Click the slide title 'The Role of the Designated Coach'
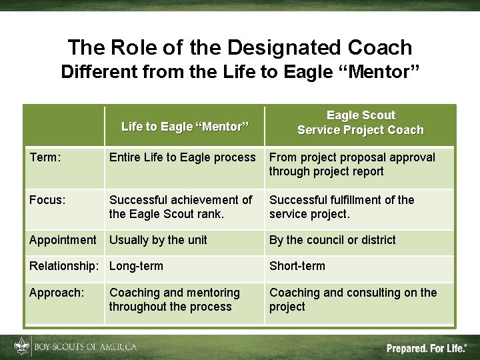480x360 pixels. pyautogui.click(x=240, y=47)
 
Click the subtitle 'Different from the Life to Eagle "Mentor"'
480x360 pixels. pyautogui.click(x=240, y=72)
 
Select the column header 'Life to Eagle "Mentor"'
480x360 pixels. pyautogui.click(x=185, y=126)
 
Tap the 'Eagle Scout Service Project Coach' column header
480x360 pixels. pyautogui.click(x=360, y=123)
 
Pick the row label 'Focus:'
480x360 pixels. pyautogui.click(x=47, y=200)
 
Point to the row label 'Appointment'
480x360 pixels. pyautogui.click(x=63, y=240)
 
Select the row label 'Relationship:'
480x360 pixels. pyautogui.click(x=64, y=266)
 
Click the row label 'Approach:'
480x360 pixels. pyautogui.click(x=56, y=293)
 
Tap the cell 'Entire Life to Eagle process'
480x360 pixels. pyautogui.click(x=182, y=157)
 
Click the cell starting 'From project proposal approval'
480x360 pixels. pyautogui.click(x=352, y=164)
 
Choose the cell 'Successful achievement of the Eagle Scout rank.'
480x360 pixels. pyautogui.click(x=181, y=207)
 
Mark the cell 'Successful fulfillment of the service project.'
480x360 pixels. pyautogui.click(x=341, y=207)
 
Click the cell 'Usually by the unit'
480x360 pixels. pyautogui.click(x=158, y=240)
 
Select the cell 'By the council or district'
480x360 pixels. pyautogui.click(x=332, y=240)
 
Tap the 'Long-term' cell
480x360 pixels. pyautogui.click(x=136, y=266)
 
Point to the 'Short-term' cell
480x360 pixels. pyautogui.click(x=297, y=266)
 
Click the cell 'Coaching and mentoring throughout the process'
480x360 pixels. pyautogui.click(x=175, y=299)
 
